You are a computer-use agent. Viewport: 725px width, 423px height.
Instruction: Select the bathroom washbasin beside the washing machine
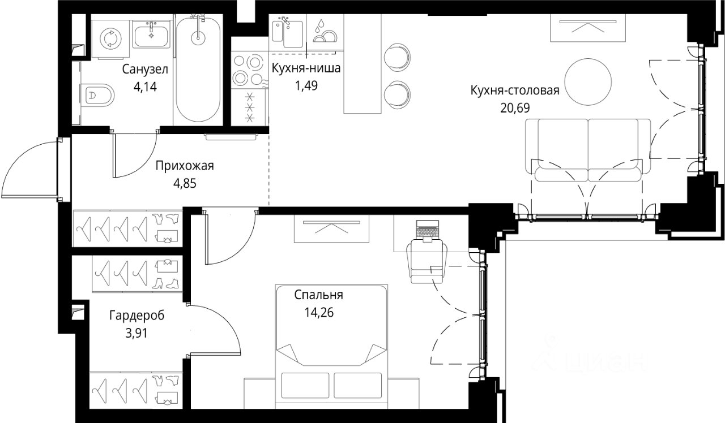point(151,34)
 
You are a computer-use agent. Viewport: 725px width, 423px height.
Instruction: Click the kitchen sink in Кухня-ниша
point(287,33)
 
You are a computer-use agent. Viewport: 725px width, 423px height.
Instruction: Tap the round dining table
point(588,82)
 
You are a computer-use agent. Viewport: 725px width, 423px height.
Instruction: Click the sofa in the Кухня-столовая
point(588,150)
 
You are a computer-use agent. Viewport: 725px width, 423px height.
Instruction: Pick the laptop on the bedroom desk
point(427,231)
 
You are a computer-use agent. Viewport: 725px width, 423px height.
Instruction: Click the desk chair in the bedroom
point(427,261)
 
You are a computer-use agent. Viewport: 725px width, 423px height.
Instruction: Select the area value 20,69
point(515,108)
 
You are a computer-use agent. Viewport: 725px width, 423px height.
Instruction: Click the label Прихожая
point(185,166)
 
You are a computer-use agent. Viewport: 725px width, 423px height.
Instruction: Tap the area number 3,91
point(137,333)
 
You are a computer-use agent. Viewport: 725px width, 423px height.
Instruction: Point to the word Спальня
point(319,295)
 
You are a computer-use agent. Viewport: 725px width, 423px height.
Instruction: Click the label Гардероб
point(137,315)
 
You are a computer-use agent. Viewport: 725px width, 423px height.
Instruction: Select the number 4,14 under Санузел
point(145,87)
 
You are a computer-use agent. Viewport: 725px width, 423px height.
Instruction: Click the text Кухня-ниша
point(306,68)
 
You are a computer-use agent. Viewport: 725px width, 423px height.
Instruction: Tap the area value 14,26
point(319,313)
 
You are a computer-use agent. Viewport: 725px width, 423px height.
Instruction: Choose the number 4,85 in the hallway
point(185,184)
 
